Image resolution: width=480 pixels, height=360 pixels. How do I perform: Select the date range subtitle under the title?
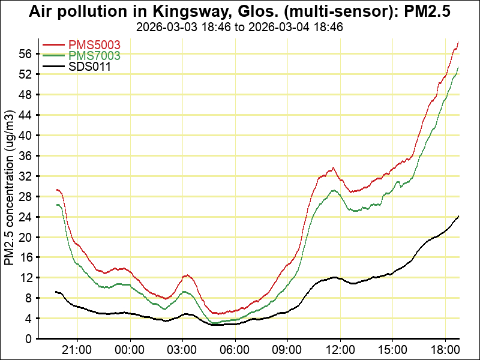click(x=239, y=27)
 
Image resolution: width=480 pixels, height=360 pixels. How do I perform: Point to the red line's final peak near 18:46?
click(x=458, y=42)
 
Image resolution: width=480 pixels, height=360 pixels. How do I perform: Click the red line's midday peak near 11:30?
click(x=333, y=167)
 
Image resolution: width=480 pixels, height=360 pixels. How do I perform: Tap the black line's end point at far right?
click(x=458, y=216)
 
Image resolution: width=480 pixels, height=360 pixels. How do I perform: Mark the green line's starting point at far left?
click(x=56, y=205)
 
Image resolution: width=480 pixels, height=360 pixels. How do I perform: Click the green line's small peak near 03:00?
click(x=184, y=292)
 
